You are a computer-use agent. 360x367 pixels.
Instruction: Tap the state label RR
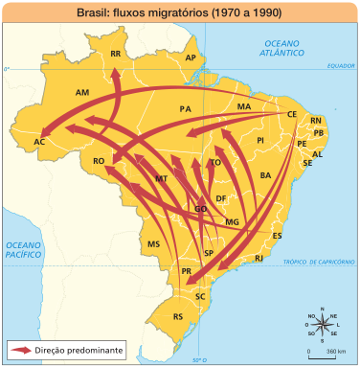115,55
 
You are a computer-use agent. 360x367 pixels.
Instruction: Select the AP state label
190,58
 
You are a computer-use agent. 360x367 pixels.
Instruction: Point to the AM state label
81,93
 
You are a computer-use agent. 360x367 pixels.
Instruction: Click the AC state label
39,142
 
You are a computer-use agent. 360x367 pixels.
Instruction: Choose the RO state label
98,162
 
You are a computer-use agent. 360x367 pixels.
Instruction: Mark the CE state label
291,114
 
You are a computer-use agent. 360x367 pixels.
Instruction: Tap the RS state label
177,316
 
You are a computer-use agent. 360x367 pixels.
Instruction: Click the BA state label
265,175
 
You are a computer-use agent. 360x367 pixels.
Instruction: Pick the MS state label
152,244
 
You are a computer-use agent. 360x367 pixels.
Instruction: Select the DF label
221,198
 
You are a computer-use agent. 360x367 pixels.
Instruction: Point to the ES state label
278,235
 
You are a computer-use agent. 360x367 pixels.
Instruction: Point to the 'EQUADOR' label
339,66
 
